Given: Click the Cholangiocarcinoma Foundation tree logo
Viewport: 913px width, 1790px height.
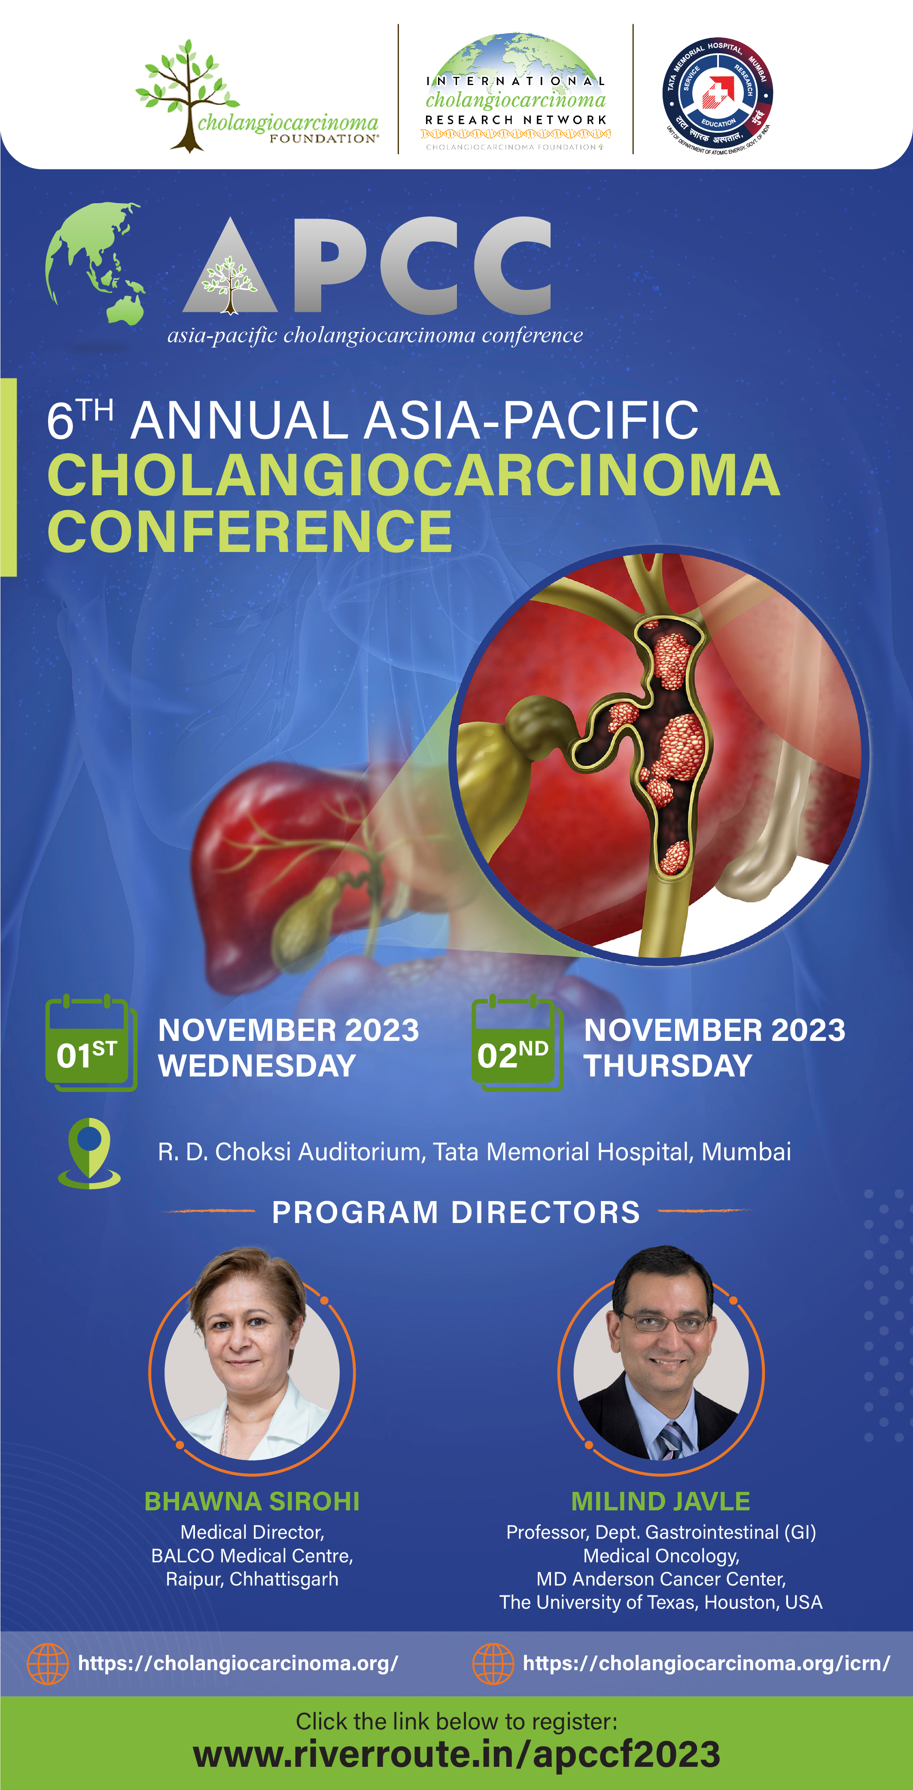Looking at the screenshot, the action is (257, 95).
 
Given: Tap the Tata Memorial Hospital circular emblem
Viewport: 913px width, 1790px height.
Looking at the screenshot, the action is (718, 96).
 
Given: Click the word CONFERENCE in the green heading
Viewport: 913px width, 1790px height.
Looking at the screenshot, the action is (250, 531).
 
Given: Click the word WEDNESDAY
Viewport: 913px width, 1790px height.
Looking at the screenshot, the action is (257, 1066).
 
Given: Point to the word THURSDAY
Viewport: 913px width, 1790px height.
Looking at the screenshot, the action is (668, 1066).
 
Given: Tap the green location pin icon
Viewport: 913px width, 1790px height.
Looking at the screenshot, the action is (89, 1153).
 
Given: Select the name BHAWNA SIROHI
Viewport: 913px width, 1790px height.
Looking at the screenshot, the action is (252, 1502).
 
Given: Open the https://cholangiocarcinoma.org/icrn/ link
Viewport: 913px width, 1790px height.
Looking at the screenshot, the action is (706, 1664).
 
